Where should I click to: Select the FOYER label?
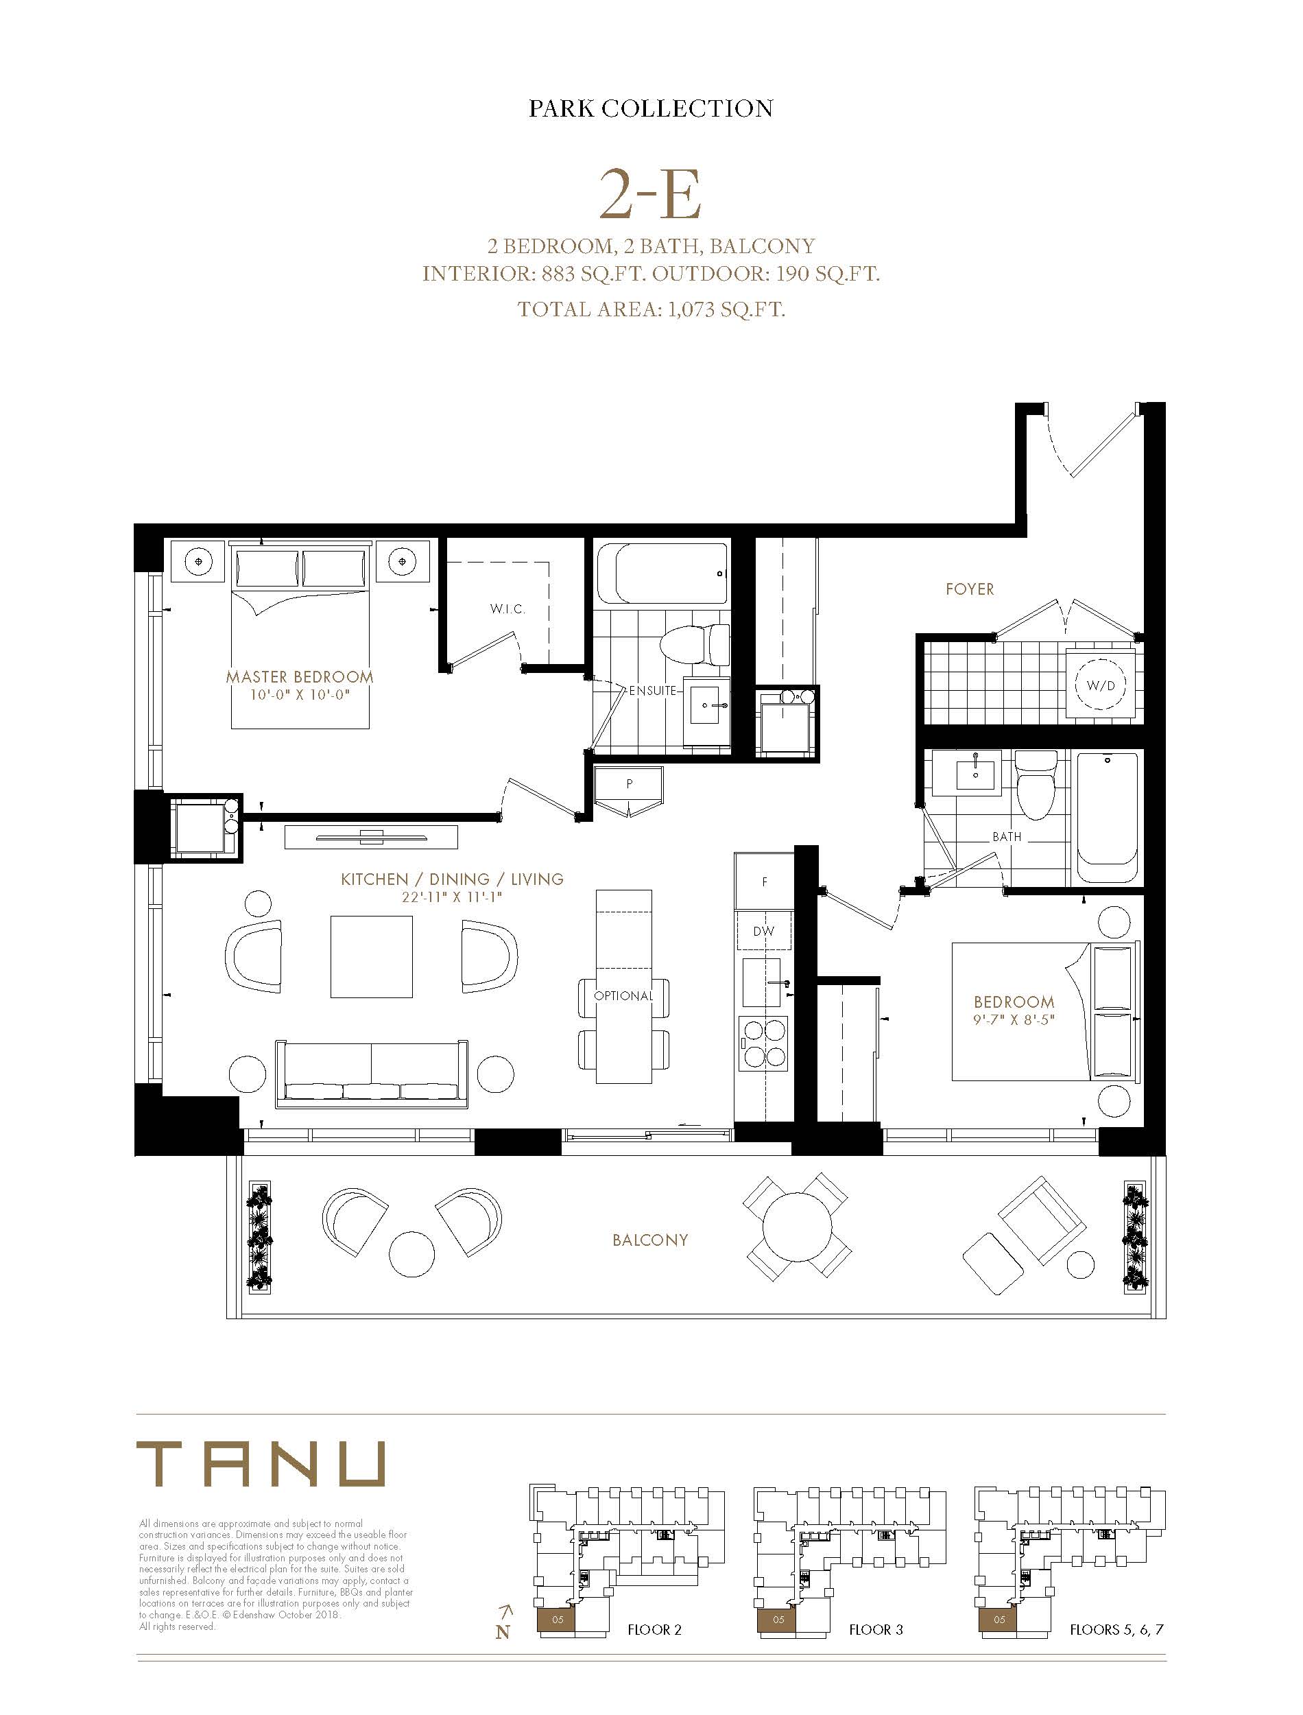pyautogui.click(x=970, y=589)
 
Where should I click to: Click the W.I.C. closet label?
pyautogui.click(x=507, y=609)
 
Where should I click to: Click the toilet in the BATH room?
pyautogui.click(x=1036, y=784)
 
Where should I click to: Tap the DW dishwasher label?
pyautogui.click(x=763, y=931)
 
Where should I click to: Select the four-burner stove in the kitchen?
pyautogui.click(x=765, y=1043)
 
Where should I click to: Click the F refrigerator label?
pyautogui.click(x=765, y=882)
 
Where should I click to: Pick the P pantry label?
pyautogui.click(x=629, y=784)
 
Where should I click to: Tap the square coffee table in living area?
pyautogui.click(x=372, y=956)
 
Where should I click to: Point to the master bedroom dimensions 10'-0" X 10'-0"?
pyautogui.click(x=300, y=695)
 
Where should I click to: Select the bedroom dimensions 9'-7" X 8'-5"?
pyautogui.click(x=1014, y=1020)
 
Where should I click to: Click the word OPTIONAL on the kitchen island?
pyautogui.click(x=623, y=996)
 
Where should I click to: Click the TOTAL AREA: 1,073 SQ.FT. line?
pyautogui.click(x=651, y=309)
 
